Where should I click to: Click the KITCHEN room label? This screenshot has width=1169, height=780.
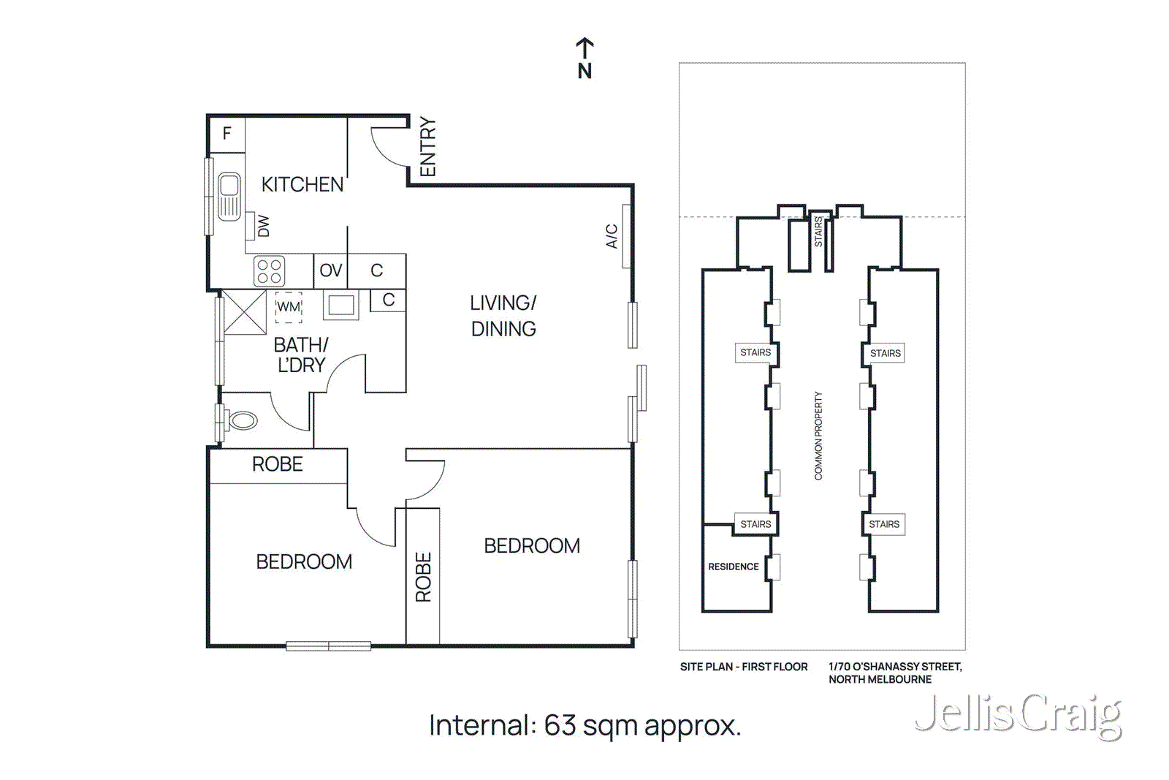302,184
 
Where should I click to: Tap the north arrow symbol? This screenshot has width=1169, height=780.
584,58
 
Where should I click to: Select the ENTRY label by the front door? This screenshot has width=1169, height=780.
427,147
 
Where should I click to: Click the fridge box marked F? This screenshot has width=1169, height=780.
226,134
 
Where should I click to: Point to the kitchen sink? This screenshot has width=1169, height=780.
229,195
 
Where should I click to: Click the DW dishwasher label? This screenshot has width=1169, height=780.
264,226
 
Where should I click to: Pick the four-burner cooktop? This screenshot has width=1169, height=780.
269,271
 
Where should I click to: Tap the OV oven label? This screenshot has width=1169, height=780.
330,270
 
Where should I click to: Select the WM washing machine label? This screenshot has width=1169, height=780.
289,307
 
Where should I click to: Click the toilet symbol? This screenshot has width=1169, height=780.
242,420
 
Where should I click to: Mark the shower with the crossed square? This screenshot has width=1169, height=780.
244,312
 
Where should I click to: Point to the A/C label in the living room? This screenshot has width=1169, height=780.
612,236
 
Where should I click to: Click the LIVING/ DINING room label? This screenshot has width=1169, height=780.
503,316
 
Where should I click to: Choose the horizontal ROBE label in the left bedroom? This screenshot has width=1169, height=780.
277,464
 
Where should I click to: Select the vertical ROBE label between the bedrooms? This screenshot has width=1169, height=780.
423,577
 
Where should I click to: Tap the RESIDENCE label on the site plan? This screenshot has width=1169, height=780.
733,567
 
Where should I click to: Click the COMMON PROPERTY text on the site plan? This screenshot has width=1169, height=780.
818,436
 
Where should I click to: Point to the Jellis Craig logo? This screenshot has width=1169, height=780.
1018,715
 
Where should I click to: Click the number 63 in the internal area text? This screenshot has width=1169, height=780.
560,725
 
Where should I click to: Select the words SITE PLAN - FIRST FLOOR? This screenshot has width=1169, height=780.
744,667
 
